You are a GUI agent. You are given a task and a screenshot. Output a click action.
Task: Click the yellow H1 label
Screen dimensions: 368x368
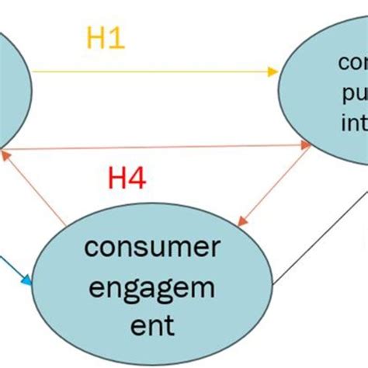[104, 39]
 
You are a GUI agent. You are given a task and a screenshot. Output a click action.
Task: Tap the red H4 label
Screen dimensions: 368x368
[126, 180]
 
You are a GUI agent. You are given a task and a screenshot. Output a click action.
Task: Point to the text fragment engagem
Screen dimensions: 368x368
[150, 286]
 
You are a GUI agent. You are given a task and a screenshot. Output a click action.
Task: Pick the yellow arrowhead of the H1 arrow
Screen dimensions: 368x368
[273, 72]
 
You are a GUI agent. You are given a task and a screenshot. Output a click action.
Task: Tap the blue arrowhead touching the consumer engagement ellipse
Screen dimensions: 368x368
[30, 283]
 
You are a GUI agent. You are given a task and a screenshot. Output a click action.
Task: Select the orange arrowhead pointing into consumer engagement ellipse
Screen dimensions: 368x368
[241, 222]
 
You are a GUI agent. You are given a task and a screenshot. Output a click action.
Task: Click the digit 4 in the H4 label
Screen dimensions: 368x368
[137, 180]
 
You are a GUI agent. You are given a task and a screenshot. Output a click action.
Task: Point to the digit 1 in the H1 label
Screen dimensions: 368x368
[116, 39]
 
